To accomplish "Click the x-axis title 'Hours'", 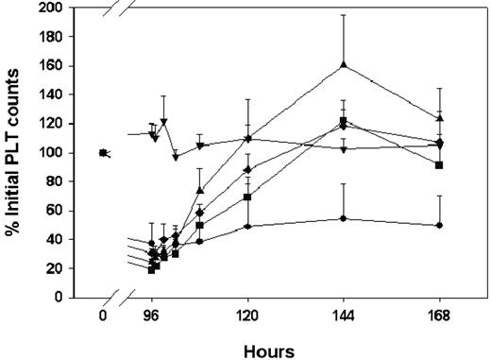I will pos(268,350).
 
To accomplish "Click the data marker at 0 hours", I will pos(103,153).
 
